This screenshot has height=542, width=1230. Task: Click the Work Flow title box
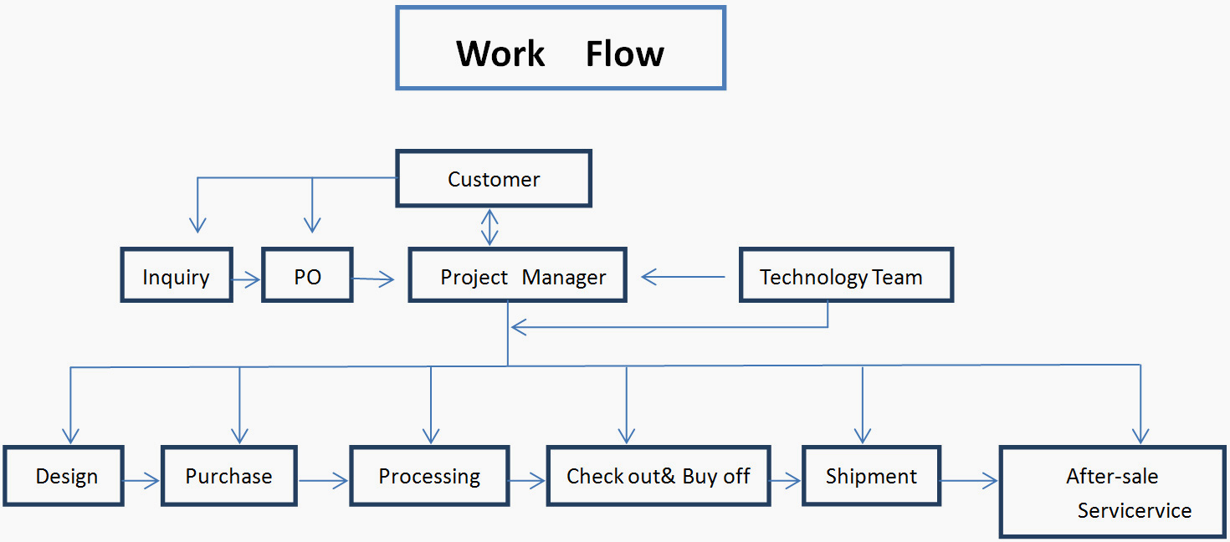561,48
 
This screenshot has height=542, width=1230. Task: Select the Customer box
494,178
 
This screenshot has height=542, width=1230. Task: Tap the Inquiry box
177,274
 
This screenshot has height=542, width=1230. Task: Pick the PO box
307,274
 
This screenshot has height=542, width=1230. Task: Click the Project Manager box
517,274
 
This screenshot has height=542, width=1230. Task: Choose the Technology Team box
846,274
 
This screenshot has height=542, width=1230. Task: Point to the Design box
64,476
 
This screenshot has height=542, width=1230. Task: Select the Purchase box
229,476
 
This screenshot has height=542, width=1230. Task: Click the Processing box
429,476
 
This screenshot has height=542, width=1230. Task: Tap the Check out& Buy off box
659,476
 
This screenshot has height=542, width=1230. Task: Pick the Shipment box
871,476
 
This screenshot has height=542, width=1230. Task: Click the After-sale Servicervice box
1113,492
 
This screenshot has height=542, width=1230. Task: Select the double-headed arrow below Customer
489,227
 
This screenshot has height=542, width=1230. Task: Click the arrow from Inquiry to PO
246,279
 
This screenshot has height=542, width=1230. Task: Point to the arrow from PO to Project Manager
373,279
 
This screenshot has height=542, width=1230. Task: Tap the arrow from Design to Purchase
141,481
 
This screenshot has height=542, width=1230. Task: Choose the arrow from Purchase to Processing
324,481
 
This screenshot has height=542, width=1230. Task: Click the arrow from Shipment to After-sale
970,481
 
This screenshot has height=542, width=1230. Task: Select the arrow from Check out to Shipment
786,481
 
